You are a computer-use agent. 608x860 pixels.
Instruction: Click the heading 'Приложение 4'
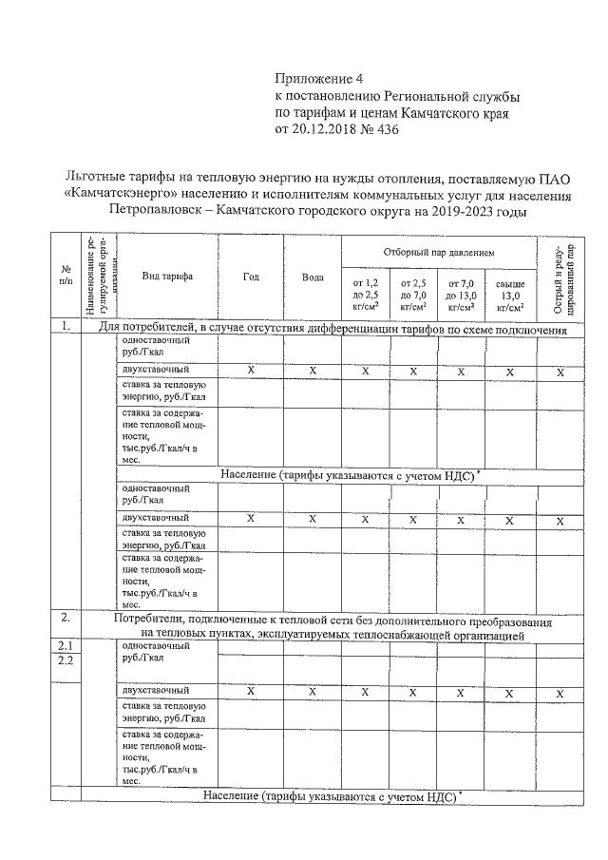click(x=319, y=79)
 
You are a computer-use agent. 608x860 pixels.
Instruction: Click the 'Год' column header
click(x=251, y=276)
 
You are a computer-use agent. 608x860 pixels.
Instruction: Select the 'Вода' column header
click(x=313, y=277)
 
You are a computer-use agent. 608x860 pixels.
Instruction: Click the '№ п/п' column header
click(x=65, y=276)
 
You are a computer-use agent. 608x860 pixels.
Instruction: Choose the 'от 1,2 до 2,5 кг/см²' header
click(x=365, y=295)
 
